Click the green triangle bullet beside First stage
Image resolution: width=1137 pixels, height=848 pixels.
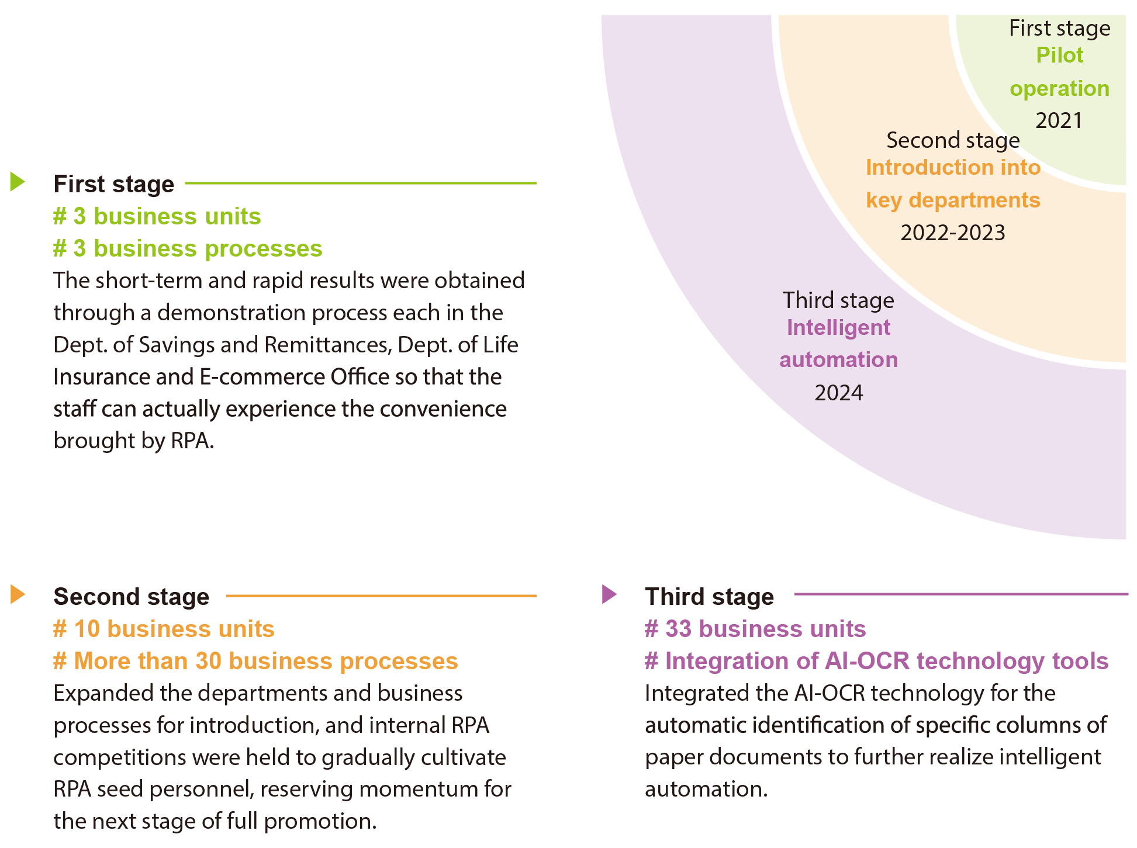tap(18, 182)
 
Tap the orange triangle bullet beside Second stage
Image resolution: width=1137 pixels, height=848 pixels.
tap(18, 594)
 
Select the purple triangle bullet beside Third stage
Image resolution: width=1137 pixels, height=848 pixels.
tap(609, 594)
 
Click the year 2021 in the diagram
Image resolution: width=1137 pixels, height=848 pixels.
tap(1059, 121)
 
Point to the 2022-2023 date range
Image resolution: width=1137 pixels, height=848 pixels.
tap(952, 233)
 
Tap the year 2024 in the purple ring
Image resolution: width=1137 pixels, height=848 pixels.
tap(838, 393)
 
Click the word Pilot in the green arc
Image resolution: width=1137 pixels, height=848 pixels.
tap(1059, 56)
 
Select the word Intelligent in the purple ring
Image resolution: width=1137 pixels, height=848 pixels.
tap(838, 328)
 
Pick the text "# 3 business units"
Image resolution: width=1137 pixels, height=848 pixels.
tap(157, 217)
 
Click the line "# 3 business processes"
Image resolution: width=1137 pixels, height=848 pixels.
tap(188, 249)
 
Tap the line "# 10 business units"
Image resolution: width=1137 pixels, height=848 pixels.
tap(164, 629)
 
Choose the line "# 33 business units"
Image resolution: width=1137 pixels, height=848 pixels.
tap(755, 629)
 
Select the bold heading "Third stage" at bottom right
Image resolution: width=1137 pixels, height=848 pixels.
tap(709, 597)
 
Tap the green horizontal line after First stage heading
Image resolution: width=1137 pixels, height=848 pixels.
tap(360, 183)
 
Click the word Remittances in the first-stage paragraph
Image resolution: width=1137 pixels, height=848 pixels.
tap(327, 345)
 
